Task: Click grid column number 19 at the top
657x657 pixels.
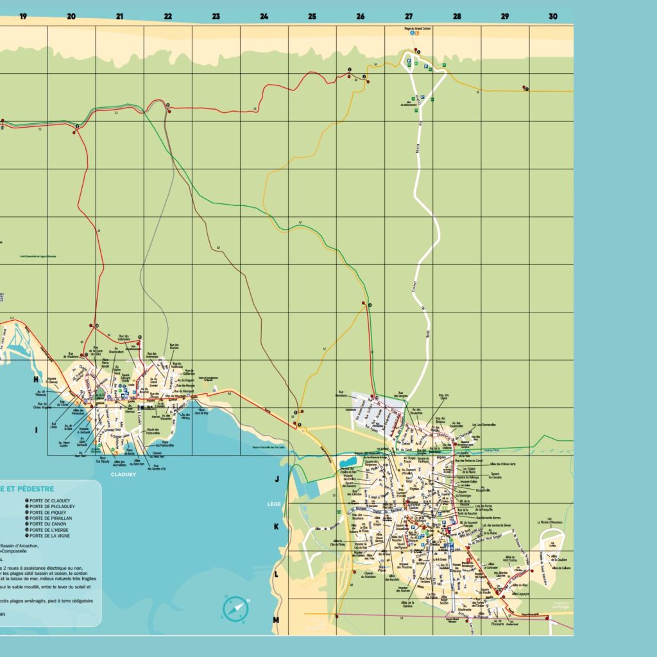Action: coord(23,17)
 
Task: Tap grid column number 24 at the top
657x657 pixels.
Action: coord(264,17)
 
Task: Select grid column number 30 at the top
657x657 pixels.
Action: coord(553,17)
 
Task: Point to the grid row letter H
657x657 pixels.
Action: coord(37,379)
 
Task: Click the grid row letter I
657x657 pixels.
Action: coord(37,429)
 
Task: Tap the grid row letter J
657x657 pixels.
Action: coord(277,479)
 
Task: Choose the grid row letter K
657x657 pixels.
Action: coord(277,526)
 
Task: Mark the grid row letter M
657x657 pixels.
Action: coord(277,620)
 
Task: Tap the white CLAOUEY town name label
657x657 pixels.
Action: coord(124,475)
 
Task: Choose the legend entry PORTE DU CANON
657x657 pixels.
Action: coord(48,524)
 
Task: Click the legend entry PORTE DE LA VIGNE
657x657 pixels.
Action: coord(50,536)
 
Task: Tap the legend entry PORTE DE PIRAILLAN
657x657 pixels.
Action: coord(50,518)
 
